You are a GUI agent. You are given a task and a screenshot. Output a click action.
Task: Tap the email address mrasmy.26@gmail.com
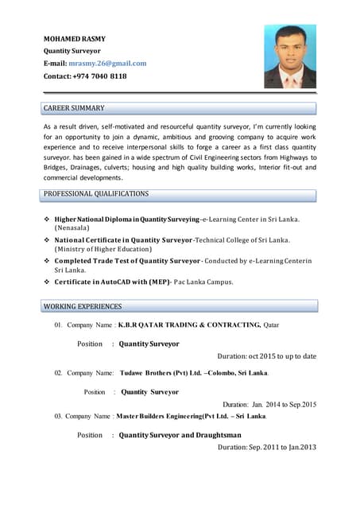[x=107, y=63]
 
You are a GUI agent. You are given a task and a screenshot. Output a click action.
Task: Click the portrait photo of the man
[x=290, y=56]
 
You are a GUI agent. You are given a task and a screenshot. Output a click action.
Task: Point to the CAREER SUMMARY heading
[x=74, y=107]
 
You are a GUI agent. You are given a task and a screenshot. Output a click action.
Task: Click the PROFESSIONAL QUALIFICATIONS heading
[x=95, y=193]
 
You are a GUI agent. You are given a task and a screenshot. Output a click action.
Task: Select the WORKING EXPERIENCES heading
[x=83, y=306]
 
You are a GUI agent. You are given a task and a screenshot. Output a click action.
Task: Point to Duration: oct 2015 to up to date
[x=266, y=356]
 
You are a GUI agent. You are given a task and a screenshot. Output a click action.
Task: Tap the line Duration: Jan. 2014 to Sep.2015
[x=269, y=404]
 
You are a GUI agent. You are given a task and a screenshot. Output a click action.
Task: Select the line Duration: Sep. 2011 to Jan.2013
[x=267, y=447]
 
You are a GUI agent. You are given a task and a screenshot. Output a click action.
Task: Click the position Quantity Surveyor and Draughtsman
[x=180, y=435]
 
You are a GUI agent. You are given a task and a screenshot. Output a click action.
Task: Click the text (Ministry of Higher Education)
[x=107, y=249]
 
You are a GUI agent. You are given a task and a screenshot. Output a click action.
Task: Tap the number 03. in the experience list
[x=58, y=416]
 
